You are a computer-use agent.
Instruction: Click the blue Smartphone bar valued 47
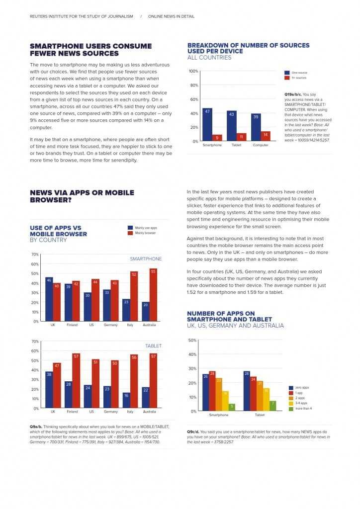coord(207,125)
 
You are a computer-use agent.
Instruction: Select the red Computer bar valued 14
coord(266,136)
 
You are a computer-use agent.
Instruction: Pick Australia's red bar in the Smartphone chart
coord(153,295)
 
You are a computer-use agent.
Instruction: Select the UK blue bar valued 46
coord(49,299)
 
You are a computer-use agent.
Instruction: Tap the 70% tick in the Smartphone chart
coord(35,254)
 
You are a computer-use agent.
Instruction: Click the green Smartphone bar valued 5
coord(232,407)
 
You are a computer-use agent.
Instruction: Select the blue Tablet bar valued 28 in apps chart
coord(246,391)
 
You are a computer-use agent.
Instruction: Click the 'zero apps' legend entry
coord(301,388)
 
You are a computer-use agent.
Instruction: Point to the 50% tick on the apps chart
coord(192,340)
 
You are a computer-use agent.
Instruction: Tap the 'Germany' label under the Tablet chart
coord(110,412)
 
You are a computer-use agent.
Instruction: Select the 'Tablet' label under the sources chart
coord(237,145)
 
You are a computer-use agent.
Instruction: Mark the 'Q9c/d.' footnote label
coord(193,431)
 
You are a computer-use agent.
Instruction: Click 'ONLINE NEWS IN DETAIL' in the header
coord(171,16)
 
